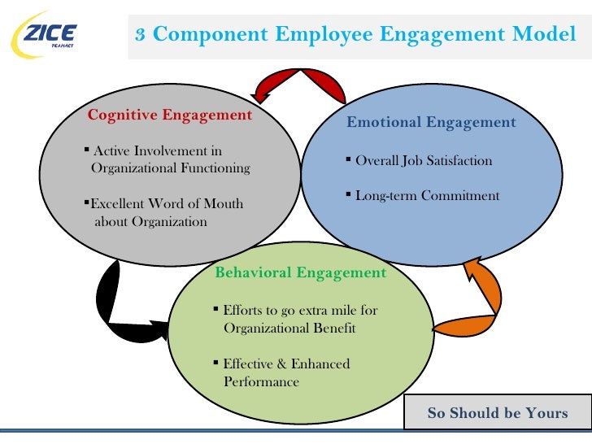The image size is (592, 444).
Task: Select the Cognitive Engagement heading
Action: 170,115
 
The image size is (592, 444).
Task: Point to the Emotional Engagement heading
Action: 431,123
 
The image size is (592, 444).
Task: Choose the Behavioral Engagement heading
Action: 300,272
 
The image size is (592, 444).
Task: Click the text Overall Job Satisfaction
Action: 424,160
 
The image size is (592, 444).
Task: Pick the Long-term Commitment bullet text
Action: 427,196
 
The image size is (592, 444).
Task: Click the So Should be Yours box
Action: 498,413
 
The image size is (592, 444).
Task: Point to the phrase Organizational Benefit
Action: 289,329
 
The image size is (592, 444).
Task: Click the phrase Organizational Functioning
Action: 170,168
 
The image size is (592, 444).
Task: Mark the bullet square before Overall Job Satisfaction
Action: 348,159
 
